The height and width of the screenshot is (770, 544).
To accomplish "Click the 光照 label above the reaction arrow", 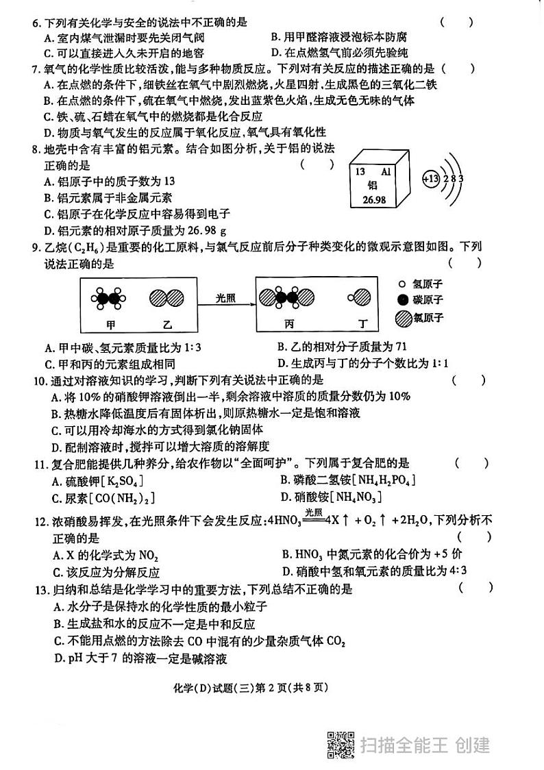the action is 225,298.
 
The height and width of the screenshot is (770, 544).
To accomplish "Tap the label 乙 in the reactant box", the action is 167,324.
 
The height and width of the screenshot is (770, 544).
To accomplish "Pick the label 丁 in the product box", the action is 364,324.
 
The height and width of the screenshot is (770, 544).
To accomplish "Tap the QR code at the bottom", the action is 341,744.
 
